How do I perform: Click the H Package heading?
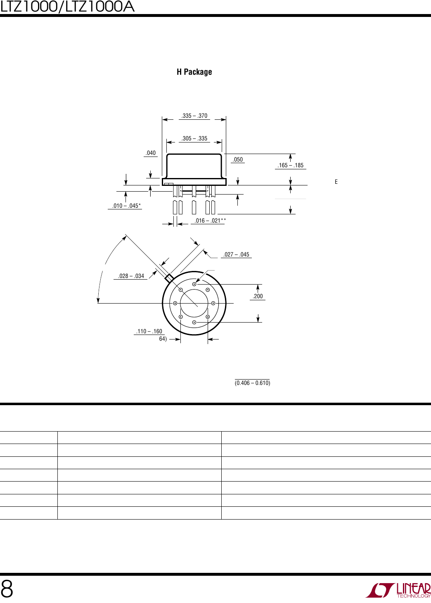pos(194,72)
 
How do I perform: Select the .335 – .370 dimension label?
pos(194,116)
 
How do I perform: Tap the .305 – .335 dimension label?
pos(194,138)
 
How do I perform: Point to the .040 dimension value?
pos(151,153)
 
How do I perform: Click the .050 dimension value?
pos(238,159)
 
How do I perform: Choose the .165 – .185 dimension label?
pos(291,165)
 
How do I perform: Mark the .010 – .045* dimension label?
pos(126,206)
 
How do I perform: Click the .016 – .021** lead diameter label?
pos(210,221)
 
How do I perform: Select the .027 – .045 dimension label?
pos(236,254)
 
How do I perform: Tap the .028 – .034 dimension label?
pos(131,276)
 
